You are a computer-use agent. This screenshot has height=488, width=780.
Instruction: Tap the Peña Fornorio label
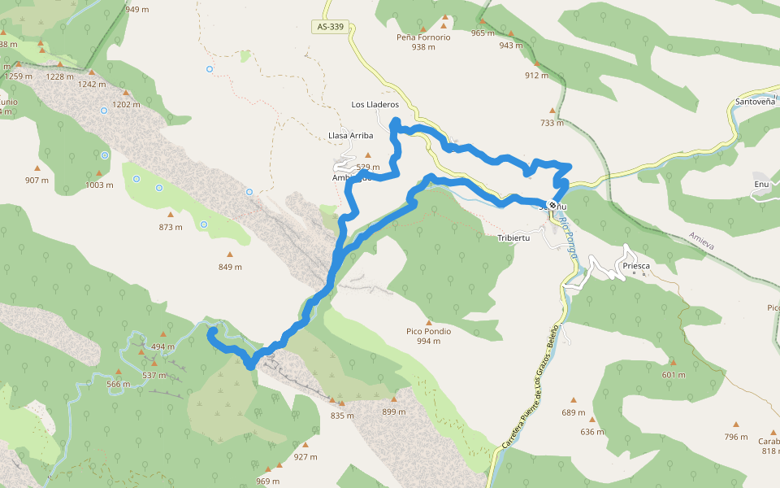(423, 37)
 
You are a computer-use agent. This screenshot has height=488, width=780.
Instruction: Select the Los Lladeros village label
(375, 105)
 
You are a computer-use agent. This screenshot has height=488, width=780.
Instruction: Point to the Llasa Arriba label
(350, 135)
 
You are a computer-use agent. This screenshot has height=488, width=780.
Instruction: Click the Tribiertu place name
(513, 237)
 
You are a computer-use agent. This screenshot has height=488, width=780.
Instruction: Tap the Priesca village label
(638, 266)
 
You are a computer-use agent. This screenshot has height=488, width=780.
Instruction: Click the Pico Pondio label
(428, 331)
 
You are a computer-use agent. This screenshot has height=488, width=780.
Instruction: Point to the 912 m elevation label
(536, 76)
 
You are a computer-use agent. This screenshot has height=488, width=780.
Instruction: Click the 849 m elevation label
(230, 267)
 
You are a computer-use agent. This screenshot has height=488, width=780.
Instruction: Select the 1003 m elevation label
(99, 185)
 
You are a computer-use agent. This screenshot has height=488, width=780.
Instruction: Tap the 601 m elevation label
(674, 375)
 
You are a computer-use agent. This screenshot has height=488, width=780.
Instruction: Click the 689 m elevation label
(574, 412)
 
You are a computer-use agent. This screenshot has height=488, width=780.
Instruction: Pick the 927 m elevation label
(305, 456)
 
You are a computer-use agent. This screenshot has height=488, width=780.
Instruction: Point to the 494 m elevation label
(163, 346)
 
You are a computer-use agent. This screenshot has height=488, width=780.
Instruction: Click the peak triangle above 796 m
(736, 424)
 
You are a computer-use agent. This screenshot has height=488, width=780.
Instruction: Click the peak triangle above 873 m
(171, 215)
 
